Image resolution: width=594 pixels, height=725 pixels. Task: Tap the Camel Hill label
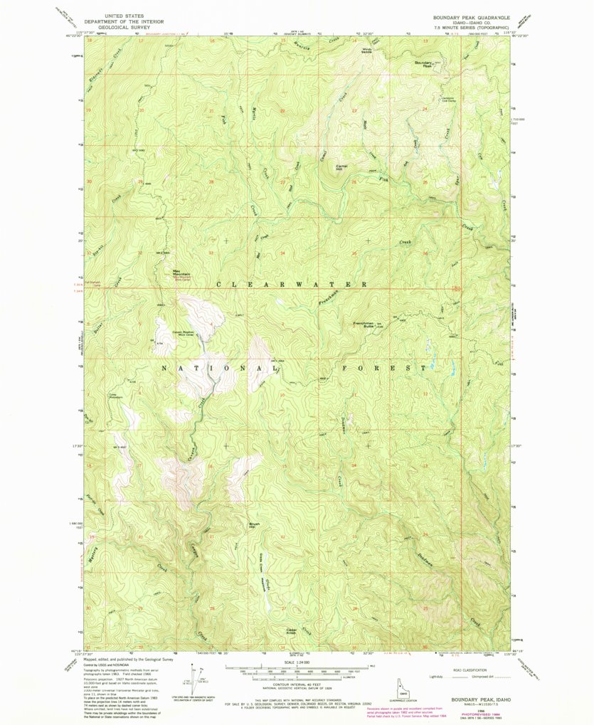pyautogui.click(x=340, y=168)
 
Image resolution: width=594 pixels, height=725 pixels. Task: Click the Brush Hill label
pyautogui.click(x=253, y=526)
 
